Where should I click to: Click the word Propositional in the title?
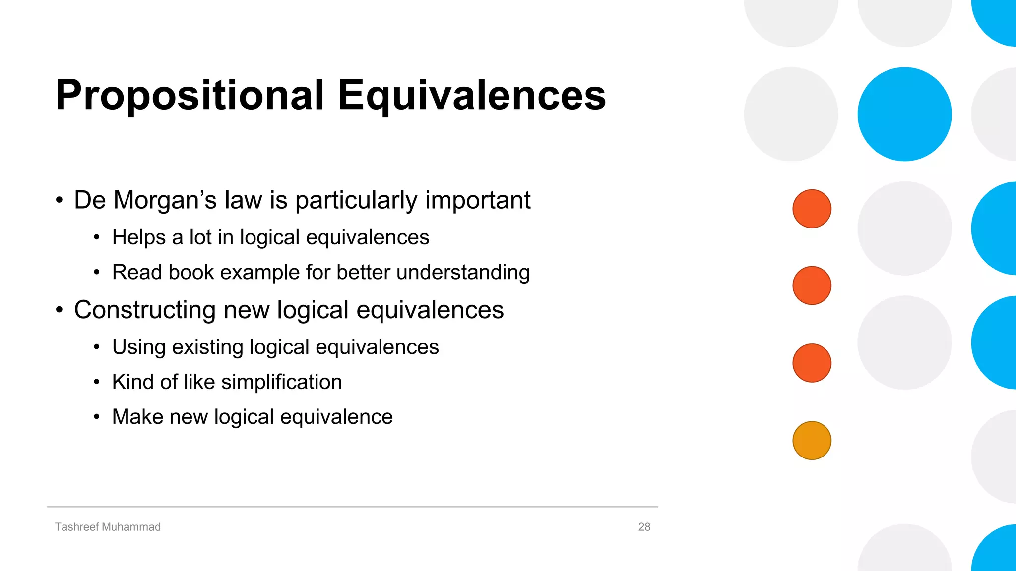click(x=190, y=95)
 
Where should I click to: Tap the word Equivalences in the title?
click(x=471, y=95)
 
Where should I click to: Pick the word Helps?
click(x=139, y=237)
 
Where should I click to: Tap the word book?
click(x=191, y=272)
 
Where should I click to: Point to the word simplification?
click(x=281, y=382)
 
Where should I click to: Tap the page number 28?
click(x=644, y=527)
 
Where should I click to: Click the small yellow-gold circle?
click(x=812, y=441)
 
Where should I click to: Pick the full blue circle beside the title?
click(x=904, y=114)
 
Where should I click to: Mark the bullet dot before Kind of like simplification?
click(x=97, y=382)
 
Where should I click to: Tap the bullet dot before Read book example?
click(x=97, y=272)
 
